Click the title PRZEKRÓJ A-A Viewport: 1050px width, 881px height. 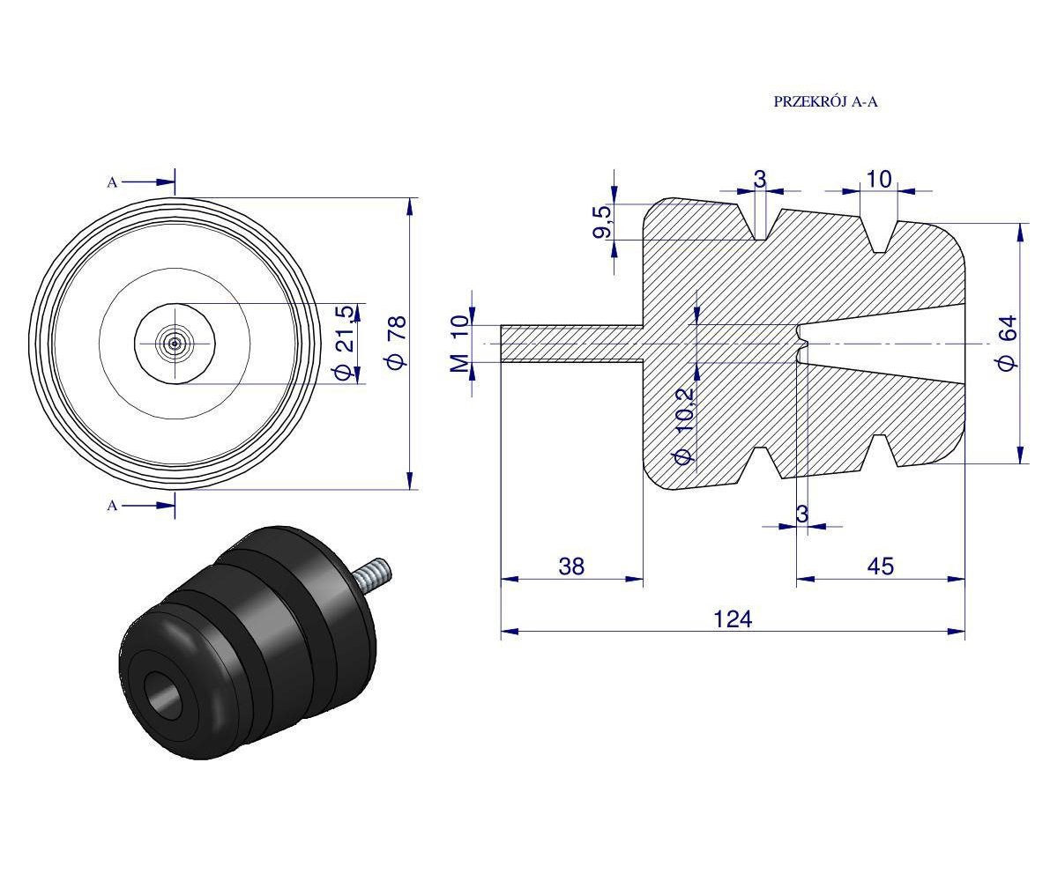(x=825, y=101)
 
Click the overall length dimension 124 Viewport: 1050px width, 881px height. (x=733, y=619)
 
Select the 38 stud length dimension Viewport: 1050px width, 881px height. (x=571, y=566)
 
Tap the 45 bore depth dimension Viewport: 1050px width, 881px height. (x=880, y=566)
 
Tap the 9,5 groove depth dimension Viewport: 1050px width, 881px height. (x=602, y=221)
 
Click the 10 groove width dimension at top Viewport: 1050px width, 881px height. (x=878, y=180)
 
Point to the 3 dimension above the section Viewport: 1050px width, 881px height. (x=759, y=180)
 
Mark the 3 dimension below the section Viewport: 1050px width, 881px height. (x=801, y=515)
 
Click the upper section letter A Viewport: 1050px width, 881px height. (x=112, y=182)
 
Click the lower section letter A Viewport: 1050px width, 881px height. (x=112, y=506)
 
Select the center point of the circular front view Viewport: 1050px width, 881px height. (x=175, y=343)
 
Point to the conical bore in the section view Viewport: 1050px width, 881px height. (x=882, y=343)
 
